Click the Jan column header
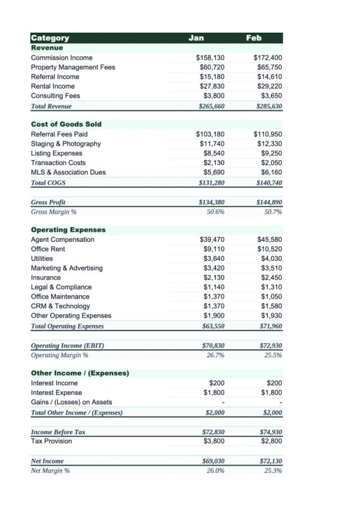pyautogui.click(x=196, y=38)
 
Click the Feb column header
pyautogui.click(x=254, y=38)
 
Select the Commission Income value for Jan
pyautogui.click(x=210, y=58)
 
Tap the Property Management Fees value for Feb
pyautogui.click(x=269, y=67)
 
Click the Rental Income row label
pyautogui.click(x=52, y=86)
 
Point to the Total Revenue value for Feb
pyautogui.click(x=269, y=106)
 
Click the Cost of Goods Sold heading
pyautogui.click(x=66, y=124)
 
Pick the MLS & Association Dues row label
pyautogui.click(x=68, y=173)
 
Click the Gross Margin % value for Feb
pyautogui.click(x=273, y=212)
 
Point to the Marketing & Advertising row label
pyautogui.click(x=66, y=268)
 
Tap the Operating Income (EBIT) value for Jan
pyautogui.click(x=213, y=346)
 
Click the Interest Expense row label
pyautogui.click(x=56, y=393)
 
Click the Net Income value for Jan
pyautogui.click(x=213, y=461)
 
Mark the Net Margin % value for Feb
pyautogui.click(x=273, y=471)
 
